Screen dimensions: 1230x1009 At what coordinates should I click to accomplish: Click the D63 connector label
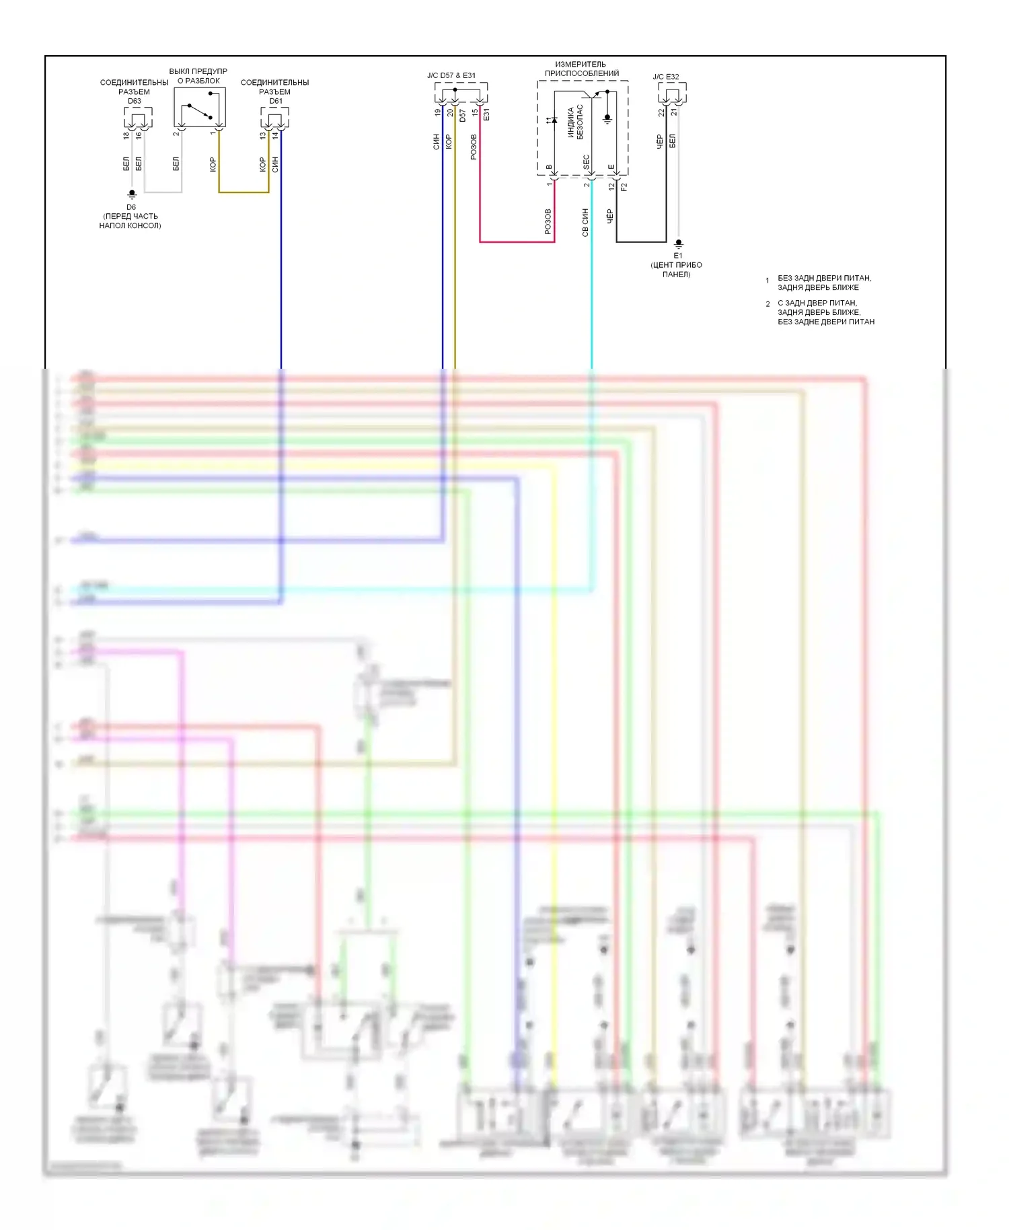(x=135, y=101)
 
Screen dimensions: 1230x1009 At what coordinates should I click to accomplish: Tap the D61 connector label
(x=276, y=101)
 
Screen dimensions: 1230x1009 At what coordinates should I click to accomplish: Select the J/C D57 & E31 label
(x=451, y=75)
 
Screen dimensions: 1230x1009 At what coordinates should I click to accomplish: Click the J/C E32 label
(x=666, y=77)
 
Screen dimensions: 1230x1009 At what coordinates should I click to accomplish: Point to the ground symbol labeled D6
(x=132, y=194)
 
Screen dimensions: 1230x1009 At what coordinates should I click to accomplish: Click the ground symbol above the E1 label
(x=679, y=243)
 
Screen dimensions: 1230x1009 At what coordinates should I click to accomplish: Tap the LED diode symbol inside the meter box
(x=552, y=120)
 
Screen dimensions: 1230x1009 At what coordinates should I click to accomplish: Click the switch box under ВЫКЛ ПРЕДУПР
(x=200, y=108)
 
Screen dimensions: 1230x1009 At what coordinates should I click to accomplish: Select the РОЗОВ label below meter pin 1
(x=548, y=221)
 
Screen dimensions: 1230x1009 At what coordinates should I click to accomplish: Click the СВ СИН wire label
(x=585, y=223)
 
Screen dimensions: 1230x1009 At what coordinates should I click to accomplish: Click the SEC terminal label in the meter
(x=587, y=161)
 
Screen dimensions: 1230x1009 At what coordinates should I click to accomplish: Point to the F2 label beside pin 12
(x=624, y=186)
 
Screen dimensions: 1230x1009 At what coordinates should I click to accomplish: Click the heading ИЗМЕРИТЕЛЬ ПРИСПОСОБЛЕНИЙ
(x=581, y=69)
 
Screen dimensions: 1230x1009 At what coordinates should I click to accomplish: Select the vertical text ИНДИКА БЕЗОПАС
(x=575, y=122)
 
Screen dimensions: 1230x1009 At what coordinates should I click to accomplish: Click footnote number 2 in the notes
(x=768, y=304)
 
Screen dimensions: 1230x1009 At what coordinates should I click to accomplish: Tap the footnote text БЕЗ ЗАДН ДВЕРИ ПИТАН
(x=824, y=278)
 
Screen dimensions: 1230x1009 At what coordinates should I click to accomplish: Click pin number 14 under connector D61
(x=275, y=135)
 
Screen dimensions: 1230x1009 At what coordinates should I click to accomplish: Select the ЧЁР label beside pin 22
(x=660, y=141)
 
